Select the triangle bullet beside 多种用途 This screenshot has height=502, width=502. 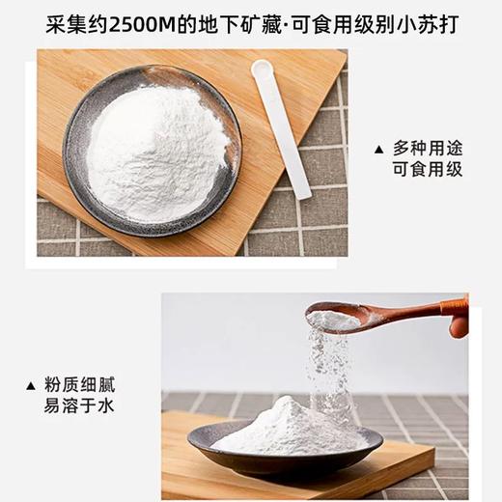[x=377, y=149]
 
